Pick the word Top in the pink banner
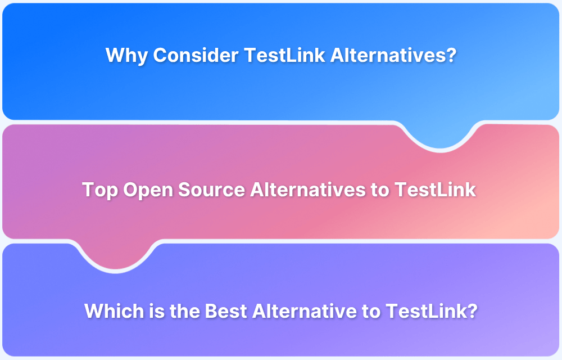[100, 190]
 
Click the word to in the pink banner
[380, 190]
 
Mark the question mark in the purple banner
[472, 310]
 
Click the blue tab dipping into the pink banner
[440, 135]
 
